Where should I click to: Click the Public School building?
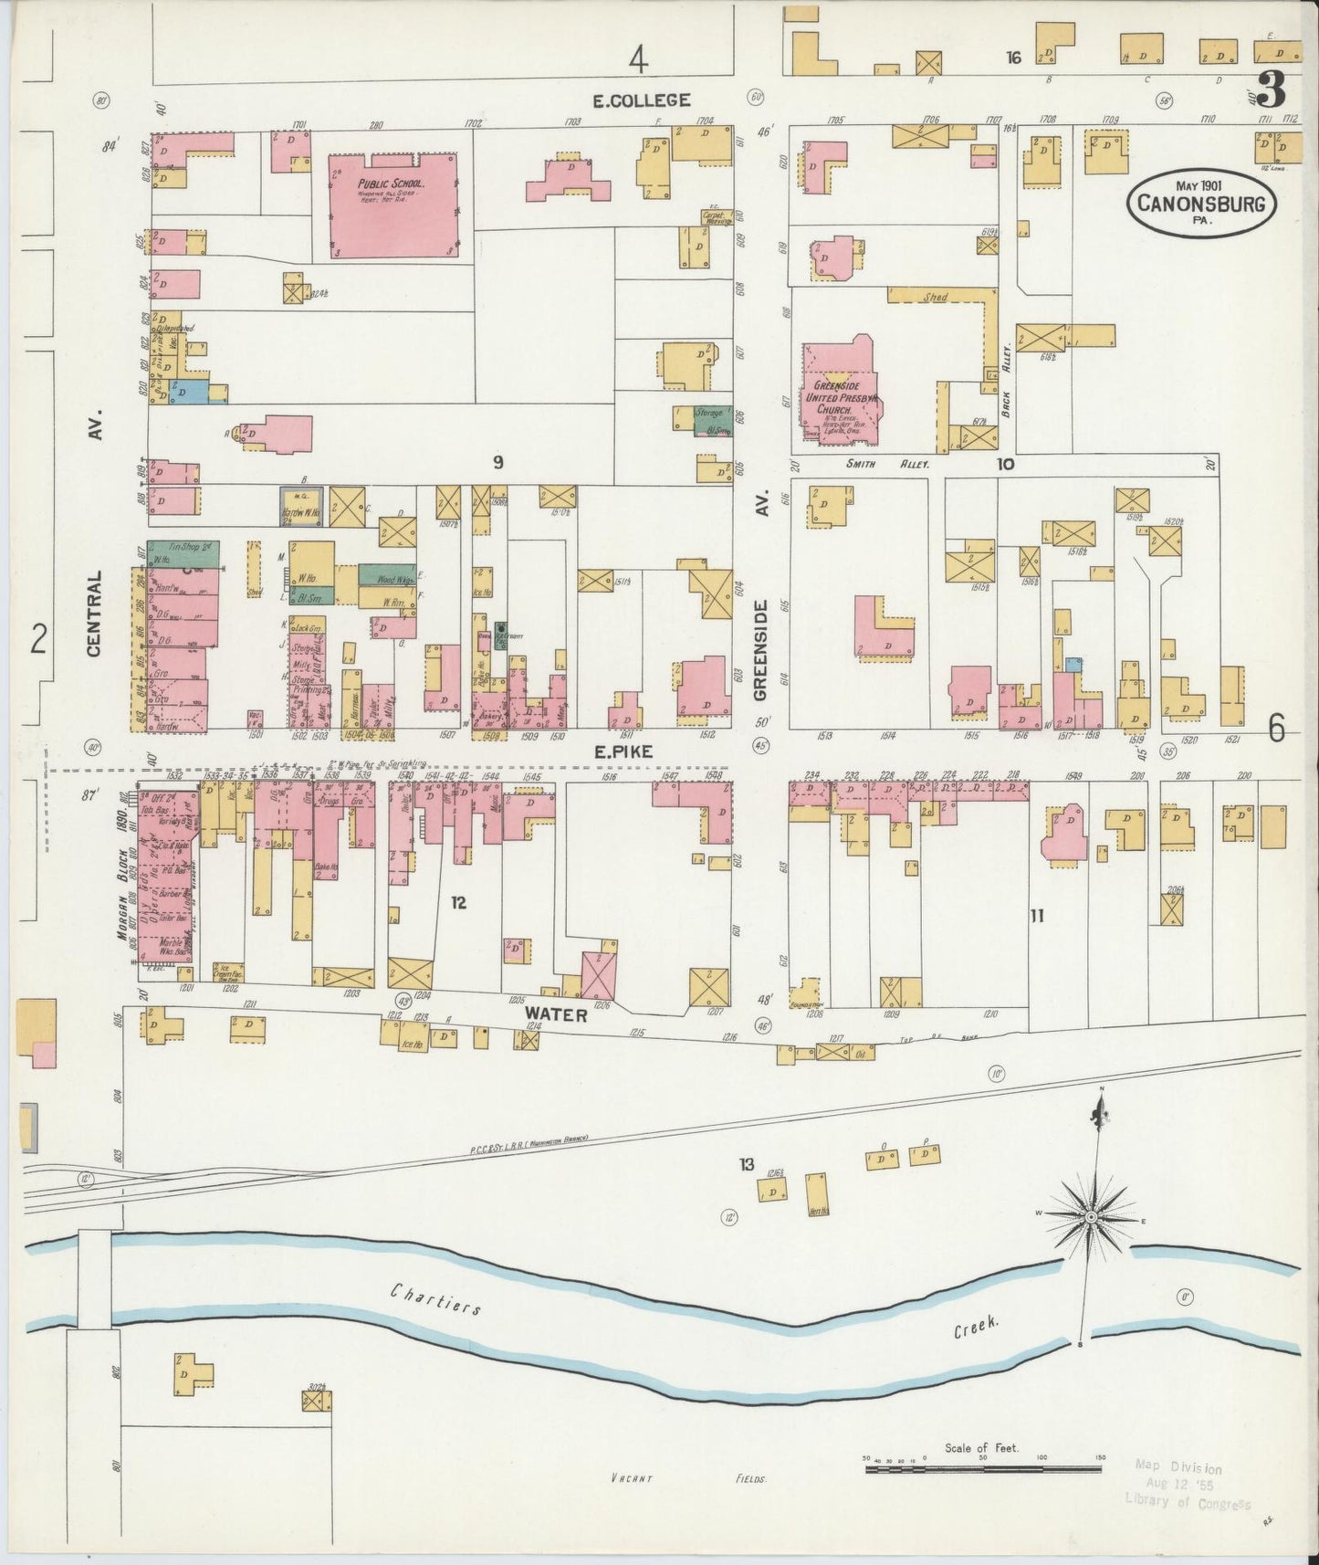coord(393,205)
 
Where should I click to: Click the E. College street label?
coord(642,100)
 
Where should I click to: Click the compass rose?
coord(1091,1218)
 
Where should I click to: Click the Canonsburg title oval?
coord(1200,203)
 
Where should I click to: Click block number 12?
coord(458,902)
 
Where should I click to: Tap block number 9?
coord(497,463)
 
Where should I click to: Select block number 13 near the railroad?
coord(747,1164)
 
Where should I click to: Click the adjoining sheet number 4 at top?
coord(637,60)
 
